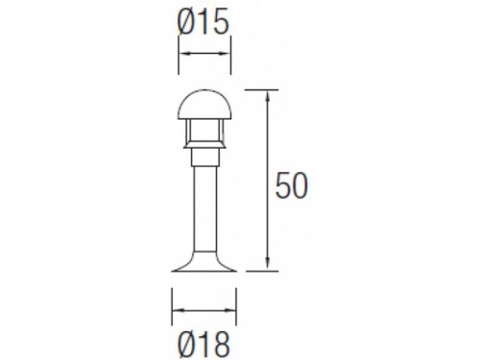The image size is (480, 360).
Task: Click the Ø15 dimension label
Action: (x=204, y=21)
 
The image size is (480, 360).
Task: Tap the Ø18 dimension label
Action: (x=204, y=345)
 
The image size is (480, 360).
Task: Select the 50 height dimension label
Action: (x=292, y=185)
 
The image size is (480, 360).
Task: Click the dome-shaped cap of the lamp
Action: (x=204, y=105)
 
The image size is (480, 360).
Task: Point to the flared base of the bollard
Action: (x=204, y=261)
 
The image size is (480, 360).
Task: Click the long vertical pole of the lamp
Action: (x=204, y=208)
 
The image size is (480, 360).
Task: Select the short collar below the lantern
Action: (x=204, y=157)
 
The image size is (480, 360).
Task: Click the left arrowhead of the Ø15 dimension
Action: (x=183, y=54)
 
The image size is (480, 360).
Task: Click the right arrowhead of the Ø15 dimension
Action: (x=226, y=54)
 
